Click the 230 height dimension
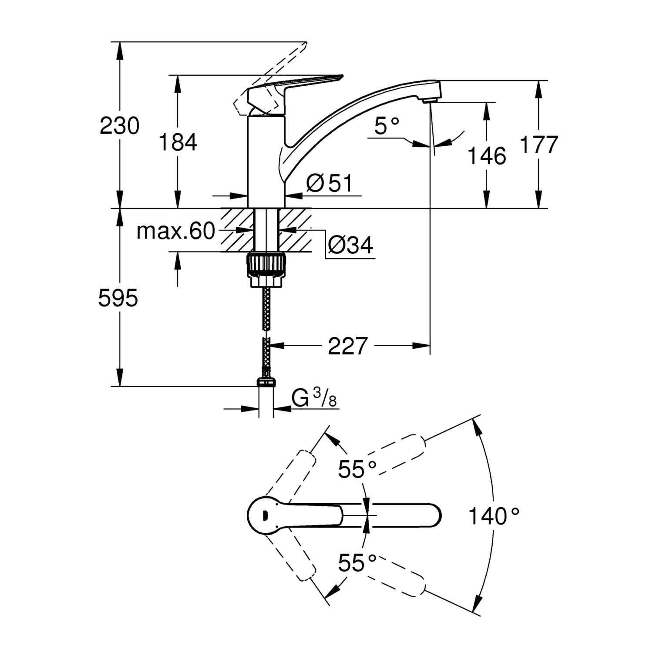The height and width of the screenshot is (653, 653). coord(120,126)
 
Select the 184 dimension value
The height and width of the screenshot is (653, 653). coord(178,142)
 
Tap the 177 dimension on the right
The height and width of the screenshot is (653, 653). coord(539,145)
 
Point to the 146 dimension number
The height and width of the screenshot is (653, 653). coord(487,156)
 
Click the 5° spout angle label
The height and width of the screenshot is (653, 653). coord(387,126)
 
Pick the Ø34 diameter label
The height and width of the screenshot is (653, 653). coord(350,246)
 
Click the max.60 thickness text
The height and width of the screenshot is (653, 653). coord(175,231)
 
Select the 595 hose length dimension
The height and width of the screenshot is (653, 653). coord(118,299)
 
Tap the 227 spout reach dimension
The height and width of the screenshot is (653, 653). coord(348,346)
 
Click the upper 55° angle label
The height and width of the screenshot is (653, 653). coord(357,469)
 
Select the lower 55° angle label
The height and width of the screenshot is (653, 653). coord(357,563)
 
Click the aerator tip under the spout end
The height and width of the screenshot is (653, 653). coord(430,101)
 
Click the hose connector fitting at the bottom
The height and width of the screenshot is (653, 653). coord(266,382)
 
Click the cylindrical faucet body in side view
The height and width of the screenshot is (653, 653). coord(266,161)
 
